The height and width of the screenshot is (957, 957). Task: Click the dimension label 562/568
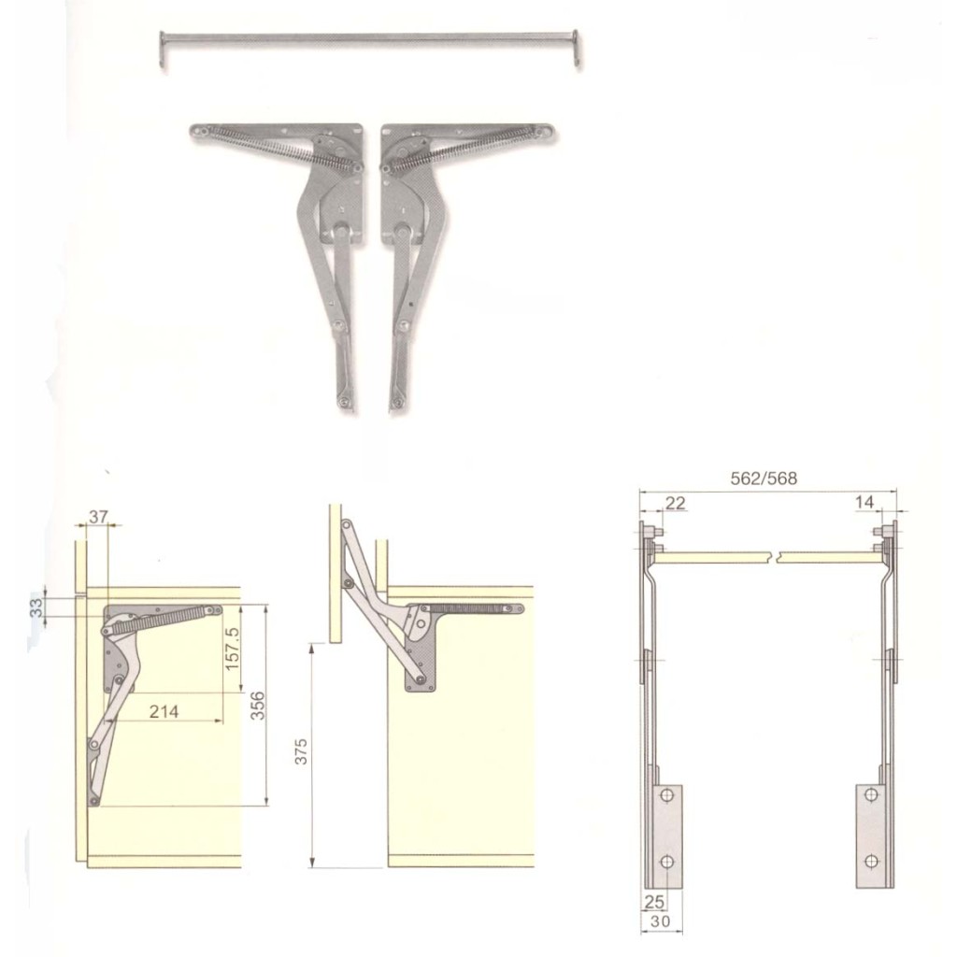pos(763,478)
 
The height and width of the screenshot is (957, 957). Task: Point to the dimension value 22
pos(675,503)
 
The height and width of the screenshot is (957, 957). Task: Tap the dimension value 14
pos(864,503)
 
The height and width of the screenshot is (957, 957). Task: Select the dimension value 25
pos(653,902)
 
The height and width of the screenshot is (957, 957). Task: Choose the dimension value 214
pos(164,711)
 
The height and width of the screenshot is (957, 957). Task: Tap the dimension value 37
pos(98,516)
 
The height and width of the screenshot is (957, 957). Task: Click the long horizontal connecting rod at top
pos(369,38)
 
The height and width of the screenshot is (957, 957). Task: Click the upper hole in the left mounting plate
pos(666,795)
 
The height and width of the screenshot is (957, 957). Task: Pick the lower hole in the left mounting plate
pos(666,860)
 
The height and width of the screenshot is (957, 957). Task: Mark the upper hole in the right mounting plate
pos(871,795)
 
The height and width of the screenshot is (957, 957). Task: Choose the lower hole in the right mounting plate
pos(871,860)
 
